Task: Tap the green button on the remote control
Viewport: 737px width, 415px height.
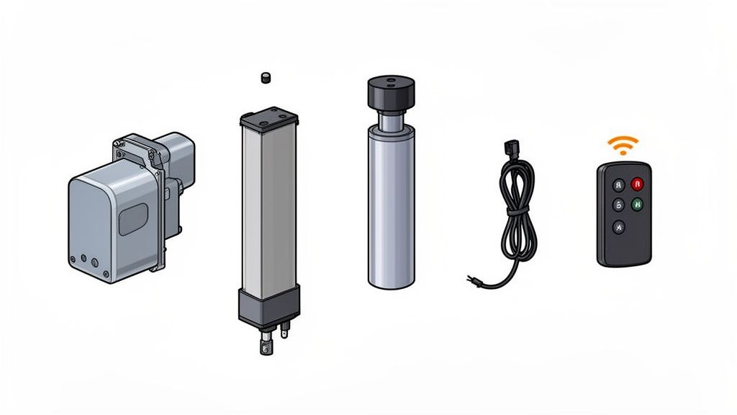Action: pos(636,204)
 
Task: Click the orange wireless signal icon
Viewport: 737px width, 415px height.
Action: pos(623,147)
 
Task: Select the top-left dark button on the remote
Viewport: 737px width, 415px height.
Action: pos(617,184)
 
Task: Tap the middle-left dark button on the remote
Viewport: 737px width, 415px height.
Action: pos(617,205)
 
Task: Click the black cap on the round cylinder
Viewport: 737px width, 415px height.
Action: pos(392,92)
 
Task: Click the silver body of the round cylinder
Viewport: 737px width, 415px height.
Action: pos(392,209)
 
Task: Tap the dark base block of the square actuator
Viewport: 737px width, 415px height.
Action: pos(268,305)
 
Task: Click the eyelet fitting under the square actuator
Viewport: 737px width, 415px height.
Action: pos(268,349)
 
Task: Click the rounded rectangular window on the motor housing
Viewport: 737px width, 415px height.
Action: pos(132,218)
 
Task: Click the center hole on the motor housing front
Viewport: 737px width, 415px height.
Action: pos(84,258)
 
